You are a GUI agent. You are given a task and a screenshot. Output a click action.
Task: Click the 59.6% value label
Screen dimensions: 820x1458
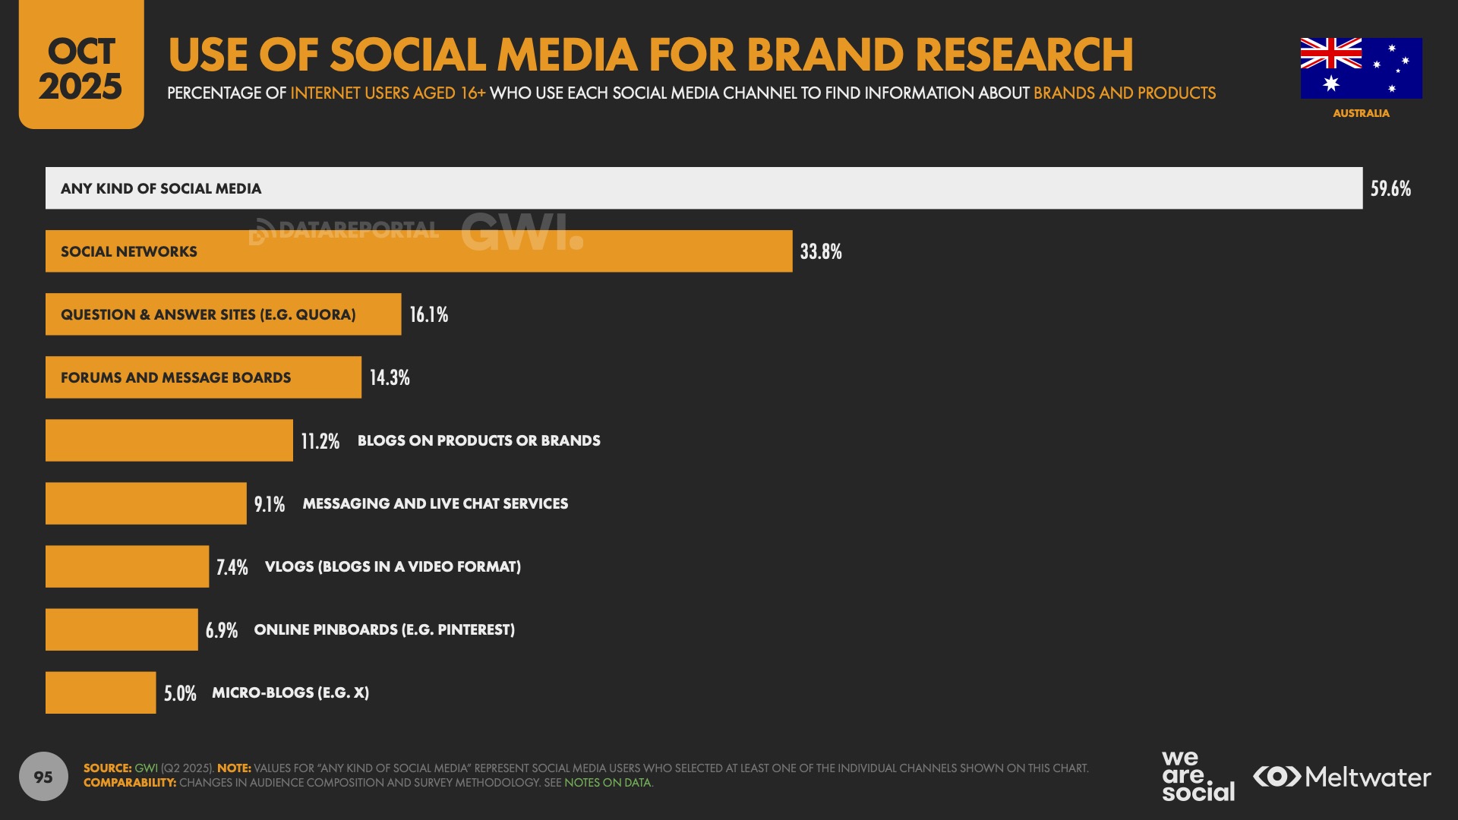point(1390,188)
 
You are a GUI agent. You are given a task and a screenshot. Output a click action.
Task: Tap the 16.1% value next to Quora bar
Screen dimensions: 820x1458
point(429,314)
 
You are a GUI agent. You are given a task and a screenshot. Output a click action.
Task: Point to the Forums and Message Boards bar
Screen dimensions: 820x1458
point(203,377)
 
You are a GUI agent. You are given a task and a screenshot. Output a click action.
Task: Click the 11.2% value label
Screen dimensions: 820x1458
point(320,441)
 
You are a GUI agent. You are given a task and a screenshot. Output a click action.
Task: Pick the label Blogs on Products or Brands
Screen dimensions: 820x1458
point(478,440)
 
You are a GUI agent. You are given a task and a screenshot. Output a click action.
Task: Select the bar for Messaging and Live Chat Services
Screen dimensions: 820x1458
point(146,503)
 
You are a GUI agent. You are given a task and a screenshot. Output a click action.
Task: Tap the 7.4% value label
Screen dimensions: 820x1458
point(232,567)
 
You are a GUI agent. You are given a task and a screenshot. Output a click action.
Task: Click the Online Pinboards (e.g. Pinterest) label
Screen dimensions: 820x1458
point(384,629)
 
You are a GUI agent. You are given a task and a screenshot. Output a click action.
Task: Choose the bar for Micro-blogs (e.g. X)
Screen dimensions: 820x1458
point(100,692)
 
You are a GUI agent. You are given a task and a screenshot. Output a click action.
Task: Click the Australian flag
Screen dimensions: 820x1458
point(1361,68)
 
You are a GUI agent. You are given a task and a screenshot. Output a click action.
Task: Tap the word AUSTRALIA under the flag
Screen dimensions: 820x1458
point(1361,113)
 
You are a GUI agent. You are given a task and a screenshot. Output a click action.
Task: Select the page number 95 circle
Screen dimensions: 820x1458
point(43,777)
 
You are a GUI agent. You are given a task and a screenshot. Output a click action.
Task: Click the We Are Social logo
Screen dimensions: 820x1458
point(1198,776)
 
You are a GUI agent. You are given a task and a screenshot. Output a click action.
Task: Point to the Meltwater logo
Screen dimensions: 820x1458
point(1342,777)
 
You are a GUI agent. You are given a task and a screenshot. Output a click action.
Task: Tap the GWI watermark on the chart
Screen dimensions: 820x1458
point(522,232)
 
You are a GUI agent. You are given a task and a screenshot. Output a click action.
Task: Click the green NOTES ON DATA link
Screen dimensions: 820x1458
point(607,783)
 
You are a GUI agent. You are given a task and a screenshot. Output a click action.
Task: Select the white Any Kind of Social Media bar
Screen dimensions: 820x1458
point(703,188)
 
